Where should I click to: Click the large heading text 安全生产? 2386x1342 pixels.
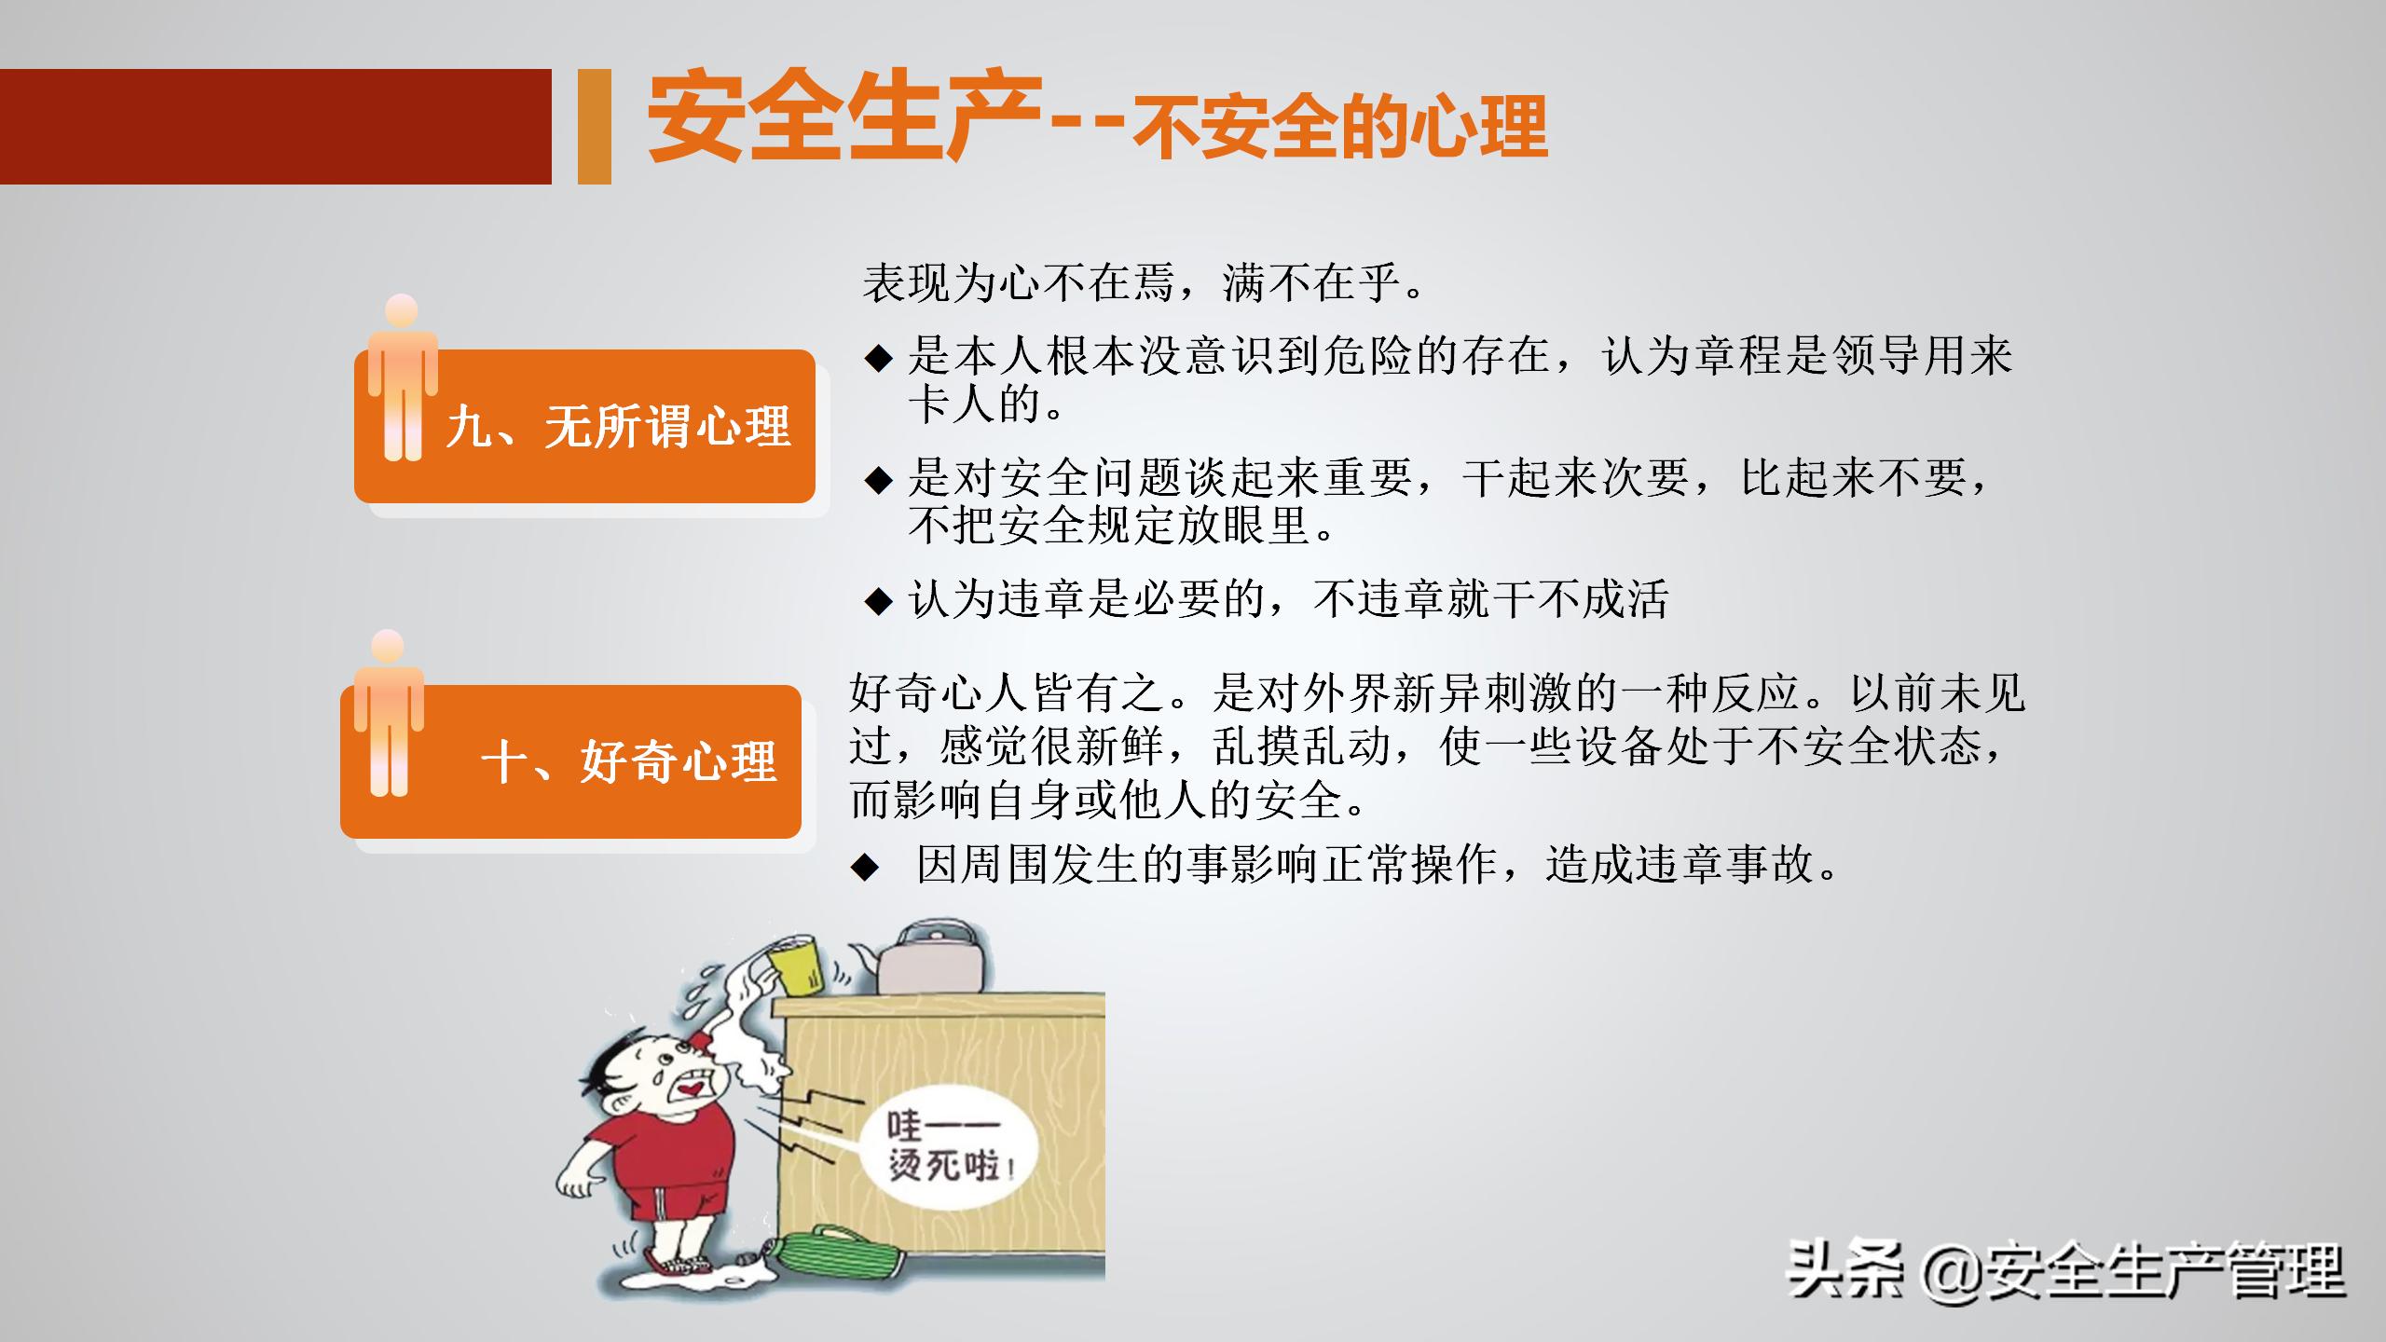click(x=843, y=119)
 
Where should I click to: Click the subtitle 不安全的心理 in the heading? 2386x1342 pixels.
click(x=1339, y=129)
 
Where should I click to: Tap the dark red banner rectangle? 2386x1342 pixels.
click(x=275, y=127)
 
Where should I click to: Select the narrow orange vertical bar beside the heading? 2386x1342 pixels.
click(x=594, y=127)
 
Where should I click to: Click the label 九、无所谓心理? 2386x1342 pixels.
click(x=619, y=429)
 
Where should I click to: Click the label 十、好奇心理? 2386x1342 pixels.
click(x=629, y=762)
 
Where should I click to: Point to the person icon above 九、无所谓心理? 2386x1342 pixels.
click(x=402, y=377)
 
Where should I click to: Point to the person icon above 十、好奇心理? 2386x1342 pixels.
click(x=388, y=713)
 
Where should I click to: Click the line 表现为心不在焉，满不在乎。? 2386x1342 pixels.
click(x=1144, y=282)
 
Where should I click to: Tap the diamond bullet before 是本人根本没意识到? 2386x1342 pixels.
click(x=878, y=357)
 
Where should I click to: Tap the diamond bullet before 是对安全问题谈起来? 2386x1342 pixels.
click(x=878, y=480)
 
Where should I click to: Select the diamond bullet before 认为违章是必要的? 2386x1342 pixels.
click(x=878, y=600)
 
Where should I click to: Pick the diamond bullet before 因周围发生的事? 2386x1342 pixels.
click(x=865, y=868)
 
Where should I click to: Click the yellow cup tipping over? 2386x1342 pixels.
click(x=797, y=965)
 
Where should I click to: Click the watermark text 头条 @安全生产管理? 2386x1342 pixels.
click(x=2064, y=1272)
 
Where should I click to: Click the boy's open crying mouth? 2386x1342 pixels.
click(x=694, y=1087)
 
